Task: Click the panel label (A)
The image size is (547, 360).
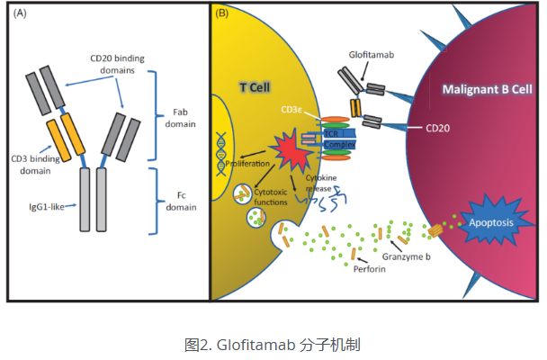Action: pos(20,13)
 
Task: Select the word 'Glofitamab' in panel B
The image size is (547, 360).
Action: pos(372,56)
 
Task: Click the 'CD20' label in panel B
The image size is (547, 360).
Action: pos(438,130)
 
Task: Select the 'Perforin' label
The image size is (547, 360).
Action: pos(370,267)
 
